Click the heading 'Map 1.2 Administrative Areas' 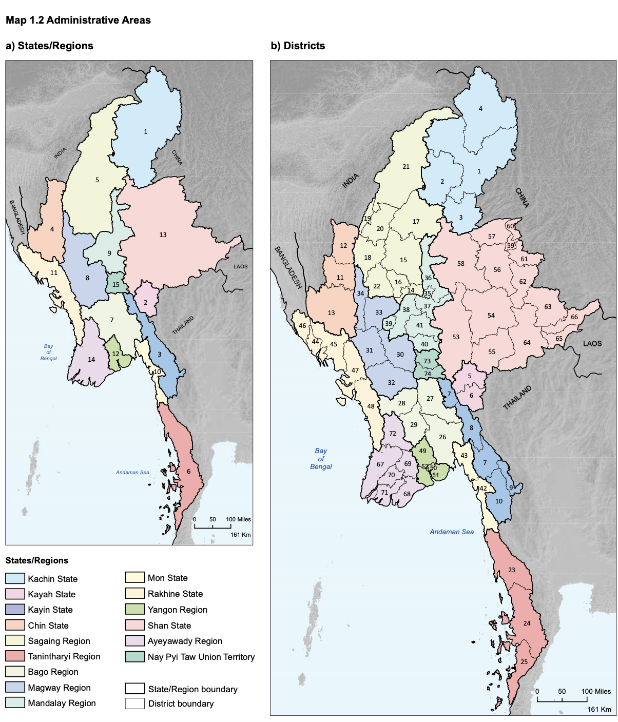(78, 21)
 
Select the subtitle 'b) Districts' (298, 46)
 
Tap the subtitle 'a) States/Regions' (49, 46)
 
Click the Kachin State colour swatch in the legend (15, 578)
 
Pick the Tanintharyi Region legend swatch (15, 656)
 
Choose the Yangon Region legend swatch (134, 610)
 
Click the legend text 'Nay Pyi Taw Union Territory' (201, 657)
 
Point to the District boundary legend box (134, 704)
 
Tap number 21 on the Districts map (406, 167)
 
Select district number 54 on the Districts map (491, 316)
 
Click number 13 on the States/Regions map (163, 235)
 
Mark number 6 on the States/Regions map (188, 472)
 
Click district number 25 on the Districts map (524, 662)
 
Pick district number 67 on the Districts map (380, 464)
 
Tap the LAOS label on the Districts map (592, 343)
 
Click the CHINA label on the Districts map (522, 198)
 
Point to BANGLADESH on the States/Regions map (17, 217)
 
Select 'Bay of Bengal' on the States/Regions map (48, 353)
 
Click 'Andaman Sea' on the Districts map (452, 532)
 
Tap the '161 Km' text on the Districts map (599, 710)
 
